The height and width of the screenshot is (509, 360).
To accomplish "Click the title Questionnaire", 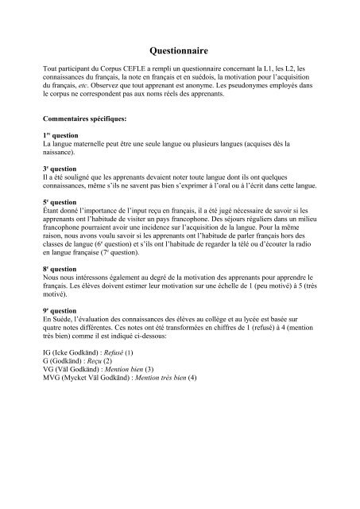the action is (180, 48).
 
